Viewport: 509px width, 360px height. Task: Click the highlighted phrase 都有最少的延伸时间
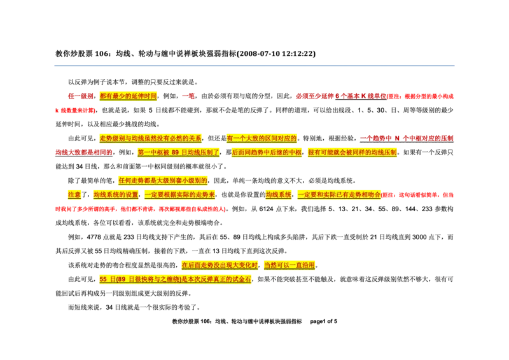(x=128, y=96)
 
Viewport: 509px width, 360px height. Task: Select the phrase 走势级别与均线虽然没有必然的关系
(x=150, y=138)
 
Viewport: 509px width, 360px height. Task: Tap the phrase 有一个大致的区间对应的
(x=262, y=138)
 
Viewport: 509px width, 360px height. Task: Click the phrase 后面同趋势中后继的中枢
(x=266, y=153)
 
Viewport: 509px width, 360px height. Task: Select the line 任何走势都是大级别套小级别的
(x=163, y=181)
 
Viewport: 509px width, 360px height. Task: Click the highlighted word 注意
(x=74, y=195)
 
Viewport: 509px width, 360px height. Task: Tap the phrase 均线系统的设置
(x=116, y=195)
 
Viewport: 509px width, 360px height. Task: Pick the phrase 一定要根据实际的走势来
(x=180, y=195)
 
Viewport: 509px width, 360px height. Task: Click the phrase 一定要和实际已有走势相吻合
(x=338, y=195)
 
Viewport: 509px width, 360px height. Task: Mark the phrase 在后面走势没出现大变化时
(x=220, y=265)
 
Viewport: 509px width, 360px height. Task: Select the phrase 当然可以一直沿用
(x=289, y=265)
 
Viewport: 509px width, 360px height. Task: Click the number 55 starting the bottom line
(x=103, y=279)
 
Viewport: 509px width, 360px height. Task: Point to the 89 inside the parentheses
(x=122, y=279)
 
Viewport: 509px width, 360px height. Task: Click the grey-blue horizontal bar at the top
(x=254, y=66)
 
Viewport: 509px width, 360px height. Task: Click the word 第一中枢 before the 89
(x=153, y=153)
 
